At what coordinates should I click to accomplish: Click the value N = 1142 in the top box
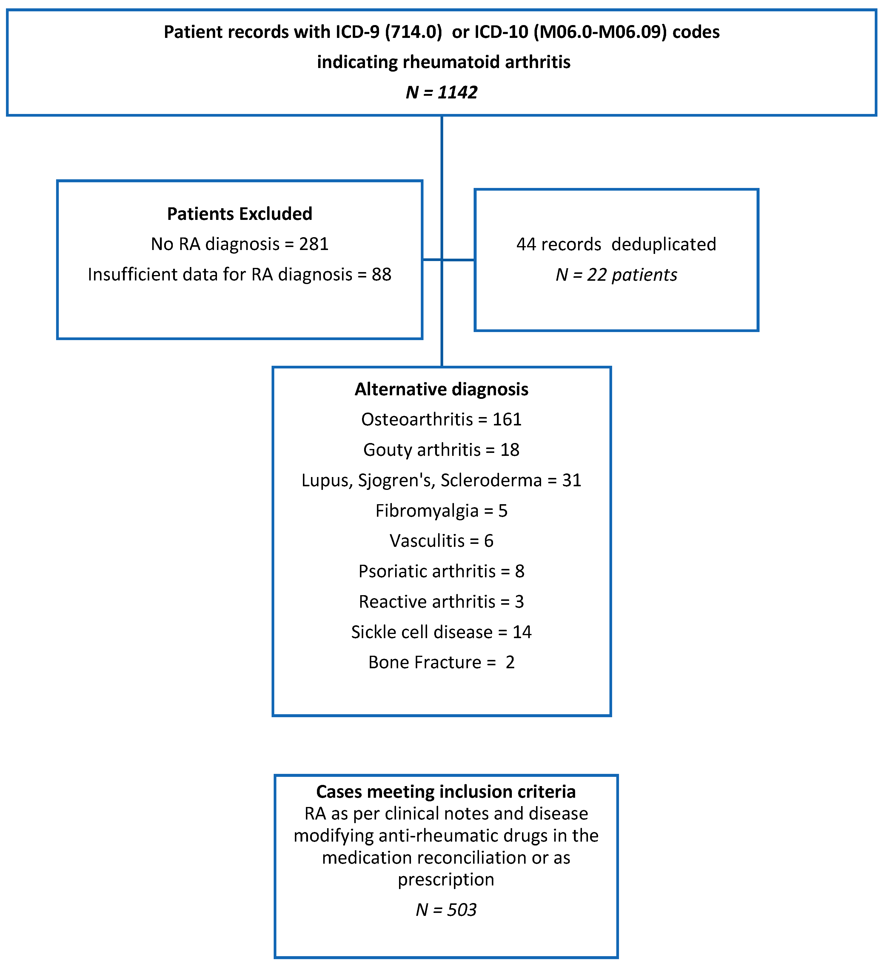tap(441, 92)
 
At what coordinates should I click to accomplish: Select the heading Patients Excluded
tap(239, 214)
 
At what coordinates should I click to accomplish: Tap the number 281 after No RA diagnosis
tap(314, 244)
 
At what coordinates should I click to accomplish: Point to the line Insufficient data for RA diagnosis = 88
tap(239, 274)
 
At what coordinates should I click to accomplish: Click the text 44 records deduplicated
tap(616, 244)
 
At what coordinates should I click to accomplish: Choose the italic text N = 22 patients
tap(616, 274)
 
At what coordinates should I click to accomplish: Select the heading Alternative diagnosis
tap(441, 389)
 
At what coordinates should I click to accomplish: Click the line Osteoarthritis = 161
tap(441, 419)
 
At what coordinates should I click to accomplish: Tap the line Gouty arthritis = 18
tap(441, 450)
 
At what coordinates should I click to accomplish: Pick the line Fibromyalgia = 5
tap(441, 510)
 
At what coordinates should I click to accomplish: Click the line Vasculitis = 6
tap(441, 541)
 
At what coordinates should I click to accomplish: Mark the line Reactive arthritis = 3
tap(441, 601)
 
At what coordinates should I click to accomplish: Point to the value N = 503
tap(446, 909)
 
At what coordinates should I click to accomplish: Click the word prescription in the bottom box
tap(446, 879)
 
